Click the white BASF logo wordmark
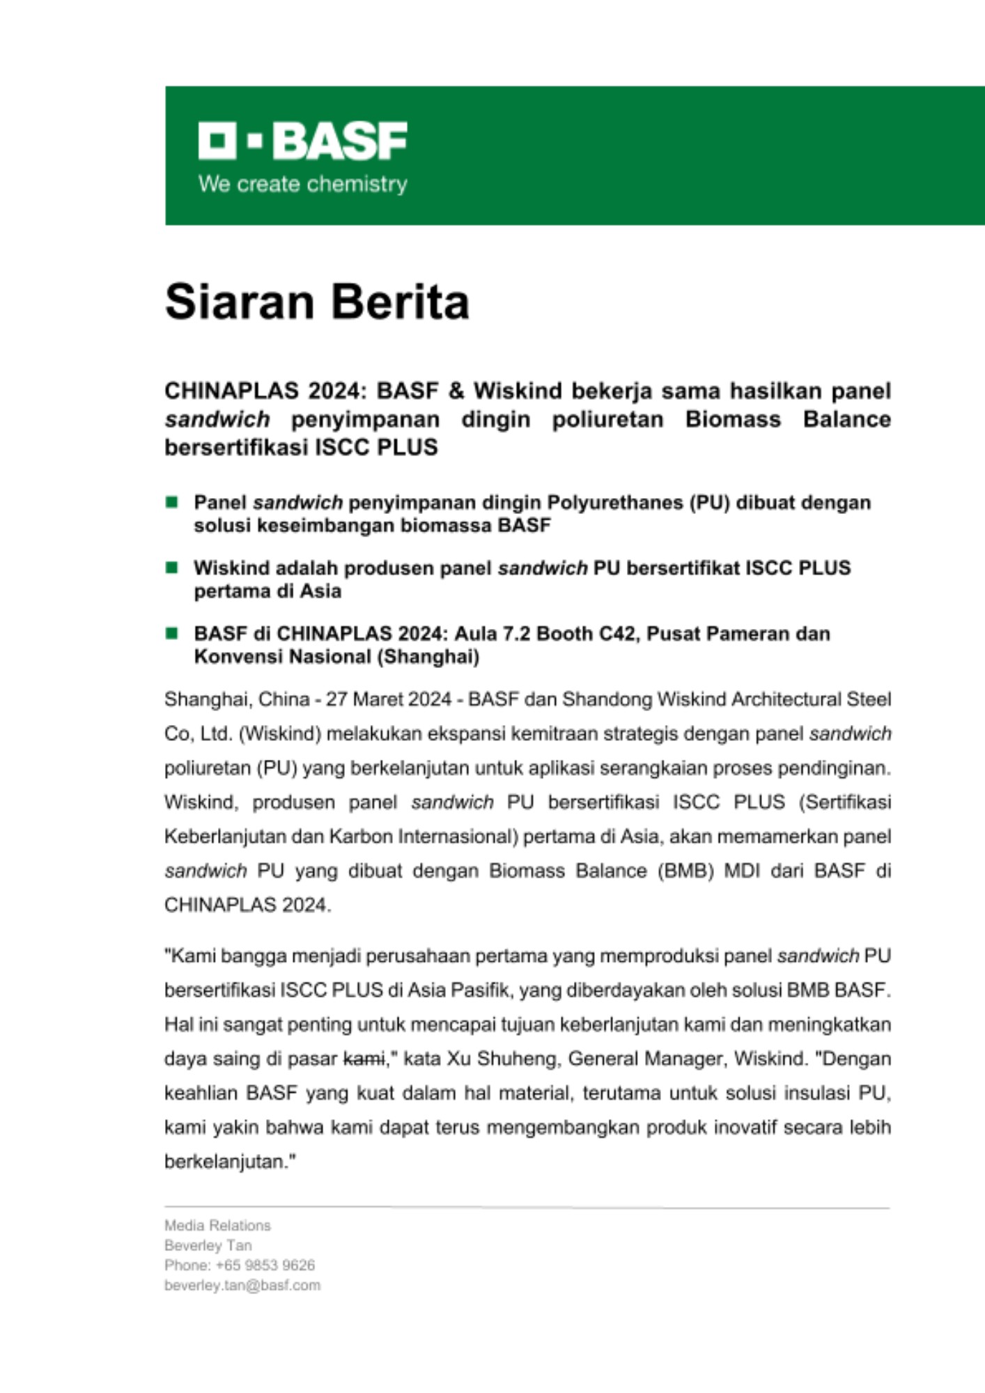click(x=302, y=141)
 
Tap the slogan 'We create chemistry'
click(x=302, y=184)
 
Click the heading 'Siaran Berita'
click(x=317, y=302)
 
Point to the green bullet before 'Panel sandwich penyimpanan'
click(x=171, y=502)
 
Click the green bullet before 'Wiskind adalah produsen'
click(x=171, y=568)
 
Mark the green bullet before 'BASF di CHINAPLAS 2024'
click(x=171, y=633)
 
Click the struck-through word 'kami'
click(x=364, y=1059)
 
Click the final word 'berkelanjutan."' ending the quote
click(x=231, y=1162)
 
